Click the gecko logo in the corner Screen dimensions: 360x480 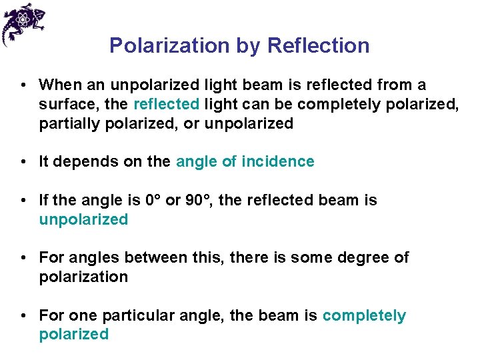[23, 23]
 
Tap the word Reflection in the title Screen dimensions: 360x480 [318, 45]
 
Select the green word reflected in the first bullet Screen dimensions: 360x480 [167, 105]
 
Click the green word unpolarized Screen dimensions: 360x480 [83, 219]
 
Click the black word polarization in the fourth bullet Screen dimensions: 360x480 [83, 277]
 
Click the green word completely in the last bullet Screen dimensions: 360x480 [364, 315]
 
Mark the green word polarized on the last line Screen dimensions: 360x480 [73, 335]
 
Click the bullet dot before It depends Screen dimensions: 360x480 [23, 162]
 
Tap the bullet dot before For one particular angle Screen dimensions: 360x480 [23, 315]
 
